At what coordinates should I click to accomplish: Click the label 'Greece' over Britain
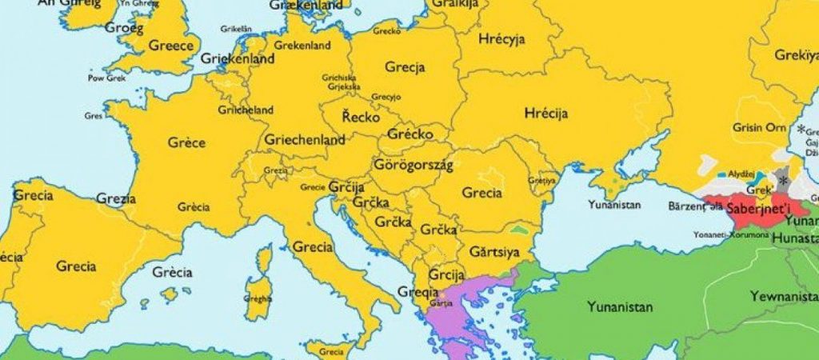coord(171,46)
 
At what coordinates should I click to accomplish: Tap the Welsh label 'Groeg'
coord(124,28)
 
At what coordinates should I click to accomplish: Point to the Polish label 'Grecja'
coord(404,67)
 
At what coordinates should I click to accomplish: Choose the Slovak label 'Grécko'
coord(409,134)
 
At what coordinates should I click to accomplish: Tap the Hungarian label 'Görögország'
coord(413,165)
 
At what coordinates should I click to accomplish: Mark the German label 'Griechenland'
coord(306,140)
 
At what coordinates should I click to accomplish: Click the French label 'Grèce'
coord(186,143)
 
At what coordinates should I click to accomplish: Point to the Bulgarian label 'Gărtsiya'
coord(494,253)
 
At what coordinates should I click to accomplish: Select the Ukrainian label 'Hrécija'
coord(546,114)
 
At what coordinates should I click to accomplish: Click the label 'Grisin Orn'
coord(759,127)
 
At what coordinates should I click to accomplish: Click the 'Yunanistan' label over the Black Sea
coord(614,205)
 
